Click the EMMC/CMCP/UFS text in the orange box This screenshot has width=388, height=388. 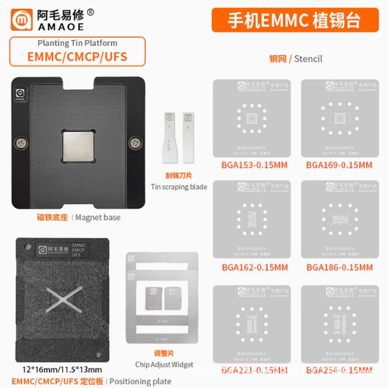(77, 57)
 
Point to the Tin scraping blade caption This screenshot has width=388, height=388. (179, 186)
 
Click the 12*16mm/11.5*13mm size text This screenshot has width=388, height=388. (54, 369)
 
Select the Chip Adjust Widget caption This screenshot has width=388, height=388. (164, 364)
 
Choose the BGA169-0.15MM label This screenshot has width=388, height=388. (339, 165)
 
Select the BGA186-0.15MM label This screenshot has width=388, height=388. (339, 267)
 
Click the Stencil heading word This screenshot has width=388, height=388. (307, 58)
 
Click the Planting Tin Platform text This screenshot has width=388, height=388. (77, 44)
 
